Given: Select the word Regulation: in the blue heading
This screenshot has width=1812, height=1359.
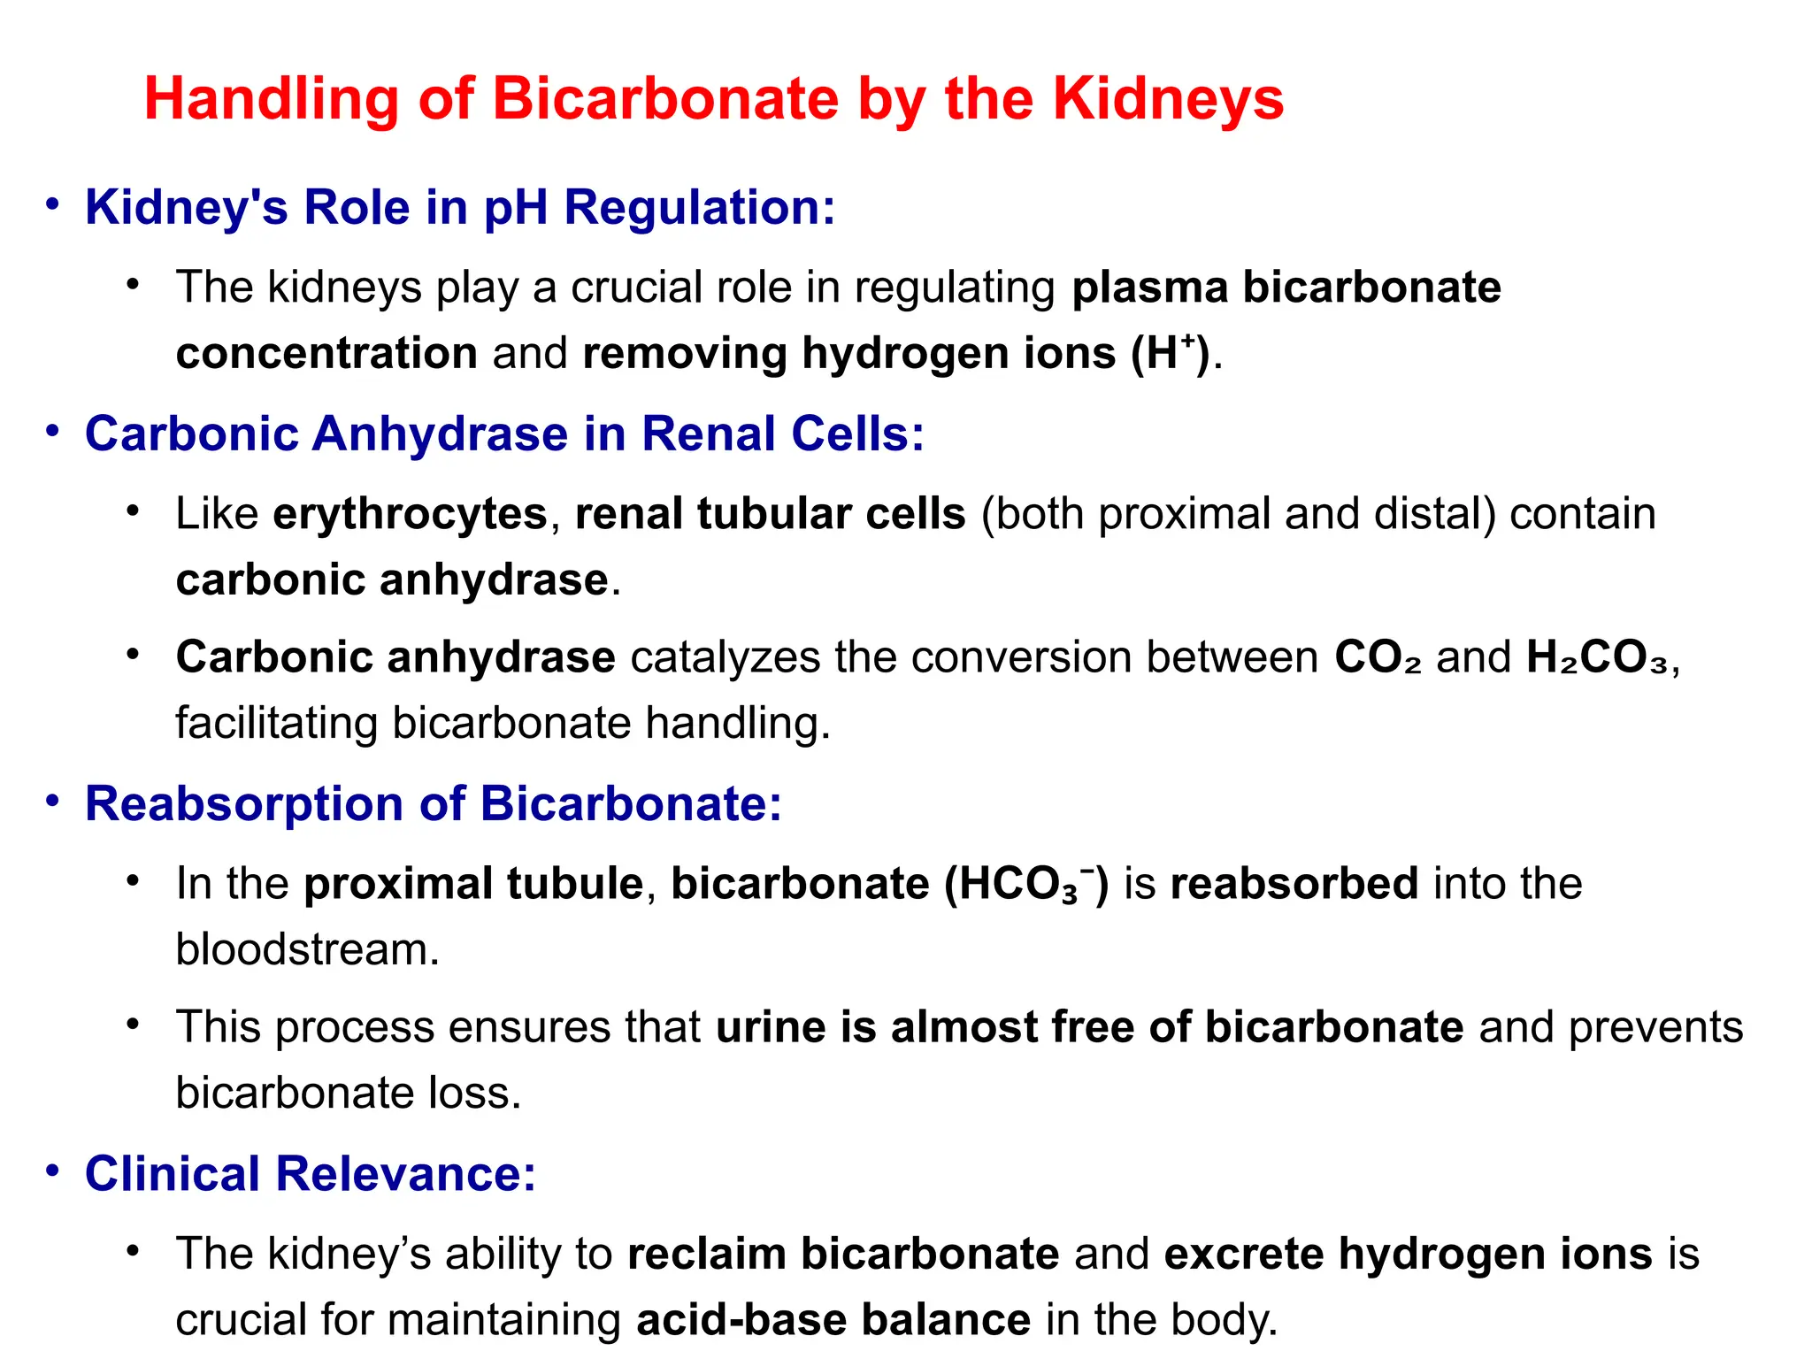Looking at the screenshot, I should coord(699,209).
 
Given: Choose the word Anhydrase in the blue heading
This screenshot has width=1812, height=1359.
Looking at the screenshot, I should coord(440,434).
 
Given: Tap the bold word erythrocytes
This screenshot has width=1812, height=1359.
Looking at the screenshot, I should coord(410,514).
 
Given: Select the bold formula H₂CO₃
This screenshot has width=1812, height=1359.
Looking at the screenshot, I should coord(1597,658).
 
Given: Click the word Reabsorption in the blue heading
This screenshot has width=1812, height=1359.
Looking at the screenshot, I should coord(244,804).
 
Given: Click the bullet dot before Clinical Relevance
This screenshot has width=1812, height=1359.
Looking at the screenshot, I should coord(53,1171).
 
